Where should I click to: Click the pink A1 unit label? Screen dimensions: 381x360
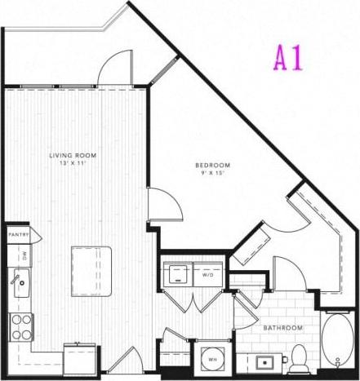(288, 58)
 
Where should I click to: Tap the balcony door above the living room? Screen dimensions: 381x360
(115, 69)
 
